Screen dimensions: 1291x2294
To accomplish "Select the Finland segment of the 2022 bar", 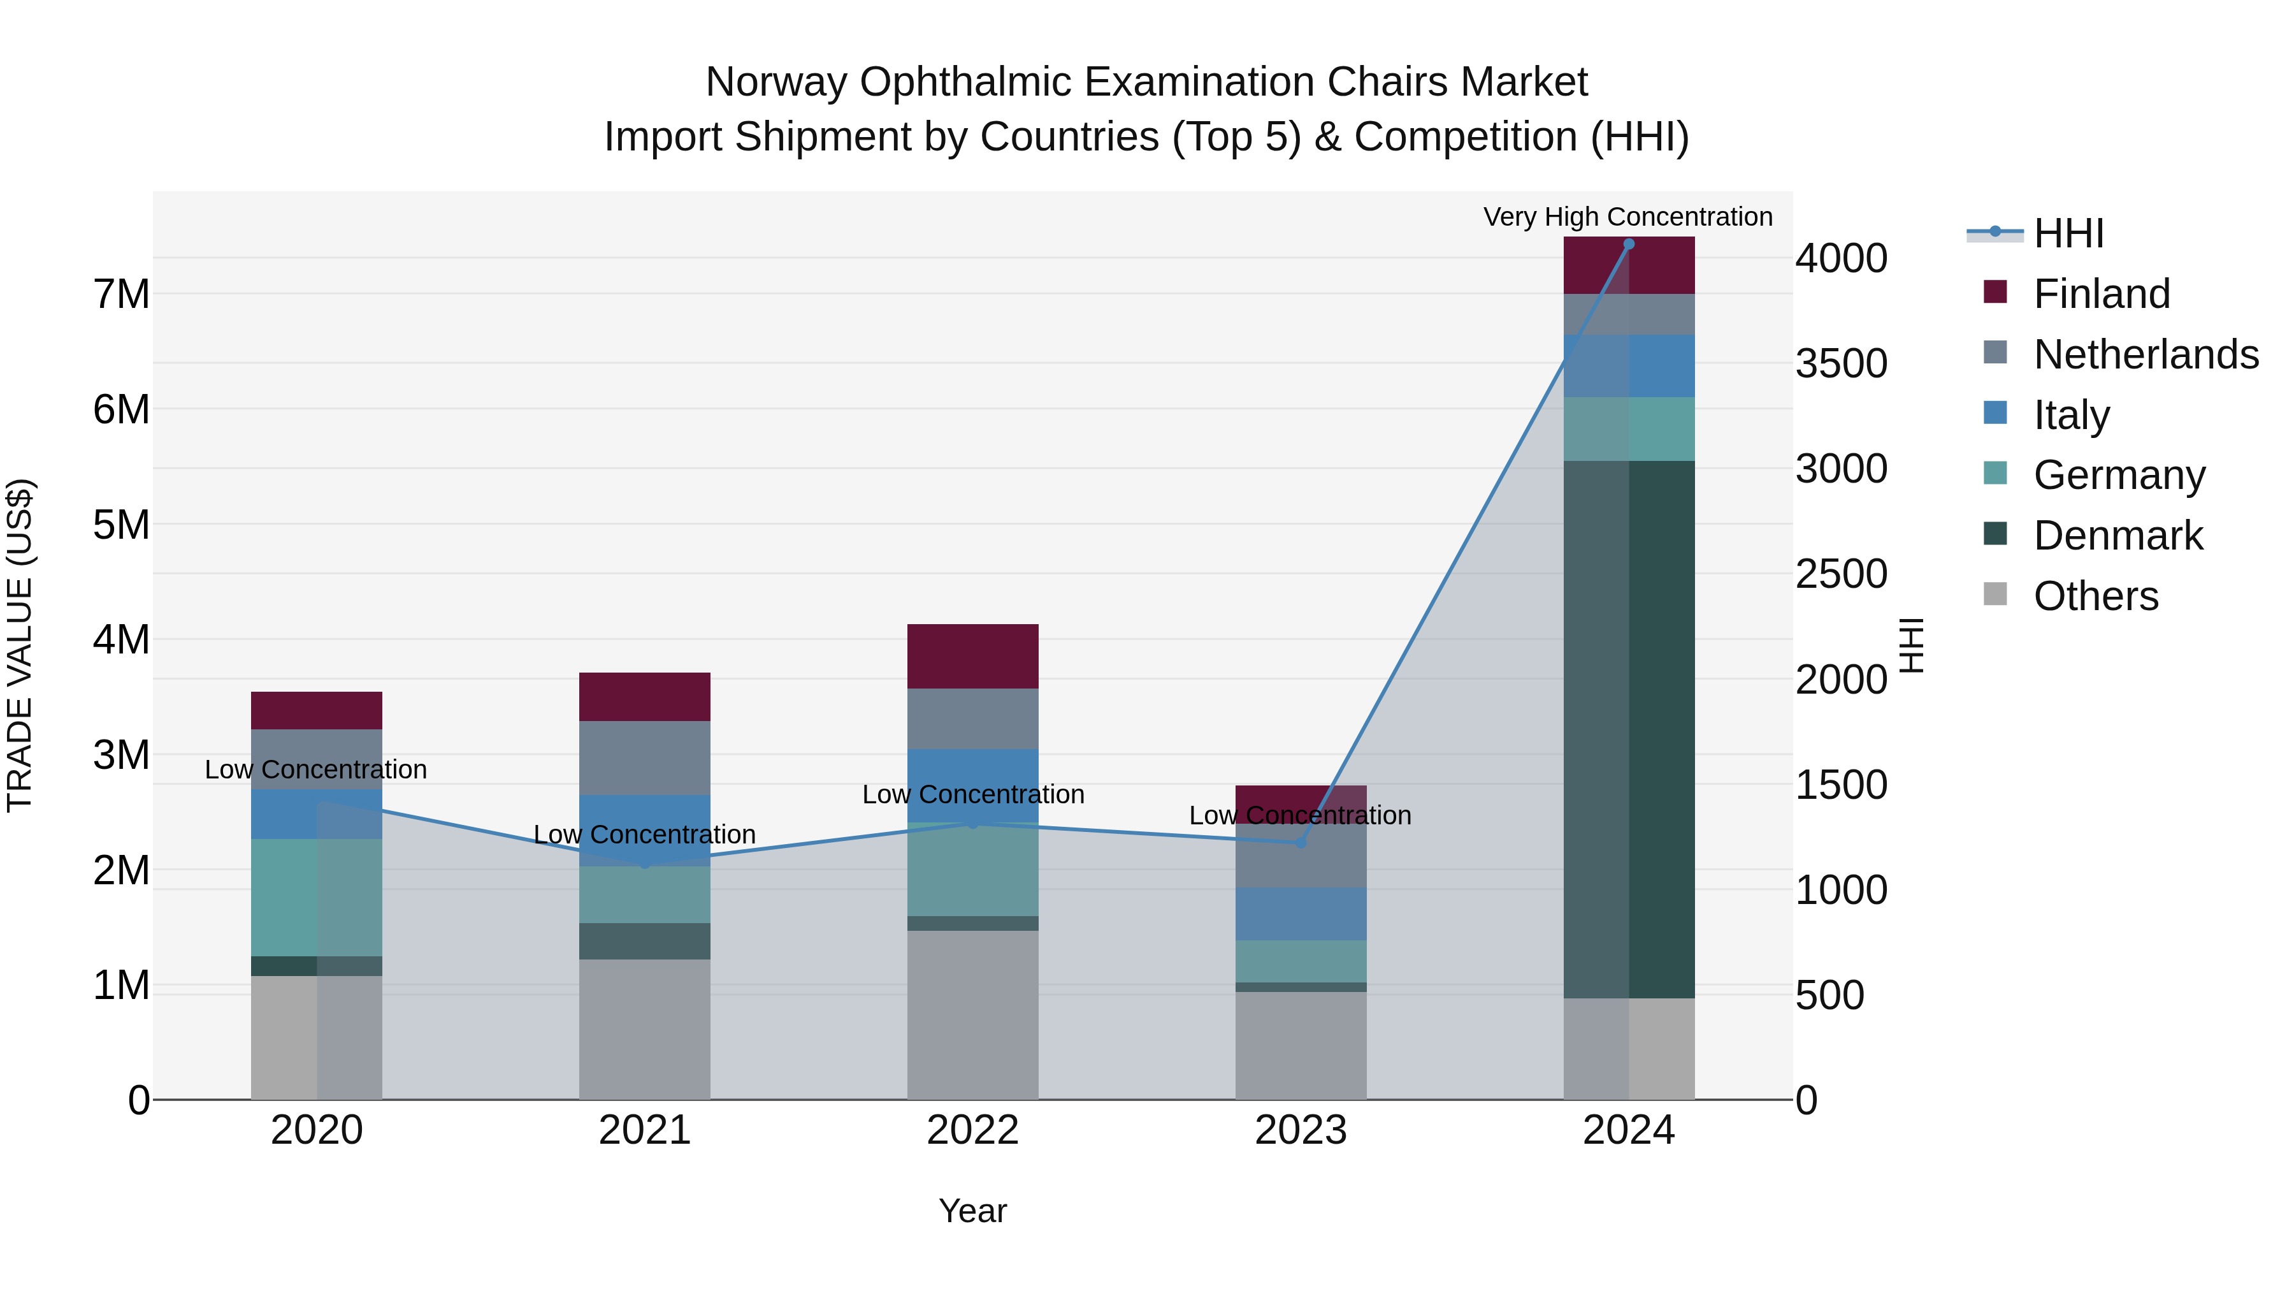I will [972, 656].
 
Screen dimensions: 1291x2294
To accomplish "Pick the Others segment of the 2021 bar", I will [645, 1029].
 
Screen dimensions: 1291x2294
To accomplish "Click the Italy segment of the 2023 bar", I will [1300, 913].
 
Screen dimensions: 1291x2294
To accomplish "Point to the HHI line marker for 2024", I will [1629, 244].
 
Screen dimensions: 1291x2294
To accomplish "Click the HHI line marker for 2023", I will [1300, 843].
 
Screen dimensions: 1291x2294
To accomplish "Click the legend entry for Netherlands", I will [2146, 354].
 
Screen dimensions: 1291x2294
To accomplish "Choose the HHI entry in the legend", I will [2068, 233].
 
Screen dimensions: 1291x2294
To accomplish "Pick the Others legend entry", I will [2095, 596].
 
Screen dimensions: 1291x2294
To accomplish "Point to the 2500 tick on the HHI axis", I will [1841, 574].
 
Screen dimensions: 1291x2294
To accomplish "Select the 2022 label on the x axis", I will [972, 1130].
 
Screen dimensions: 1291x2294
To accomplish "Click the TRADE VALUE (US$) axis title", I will [20, 645].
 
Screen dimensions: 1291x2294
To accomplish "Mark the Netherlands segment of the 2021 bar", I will [645, 757].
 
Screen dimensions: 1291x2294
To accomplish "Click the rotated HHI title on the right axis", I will [1912, 645].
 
